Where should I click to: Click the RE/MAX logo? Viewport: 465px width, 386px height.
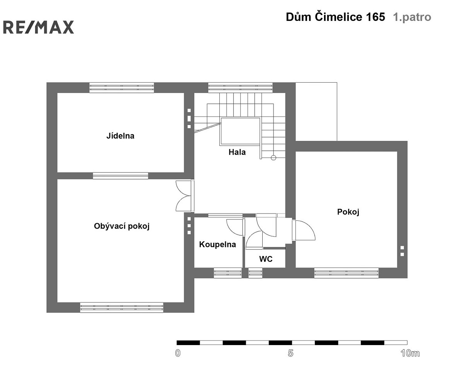click(x=38, y=27)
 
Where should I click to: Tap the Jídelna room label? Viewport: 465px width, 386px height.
click(x=120, y=136)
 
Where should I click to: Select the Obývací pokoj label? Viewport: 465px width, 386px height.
click(x=122, y=226)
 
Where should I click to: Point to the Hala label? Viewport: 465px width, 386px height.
click(x=237, y=152)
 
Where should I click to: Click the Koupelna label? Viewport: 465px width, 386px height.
click(x=217, y=244)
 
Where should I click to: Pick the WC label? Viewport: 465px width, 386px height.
click(x=266, y=259)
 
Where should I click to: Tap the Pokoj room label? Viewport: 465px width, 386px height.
click(x=348, y=212)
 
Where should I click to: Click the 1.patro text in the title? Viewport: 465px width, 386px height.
click(x=412, y=17)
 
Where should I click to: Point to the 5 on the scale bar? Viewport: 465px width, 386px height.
click(x=290, y=353)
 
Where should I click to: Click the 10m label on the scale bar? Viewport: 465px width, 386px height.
click(x=410, y=353)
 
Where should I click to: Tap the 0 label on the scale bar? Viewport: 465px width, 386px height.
click(x=178, y=353)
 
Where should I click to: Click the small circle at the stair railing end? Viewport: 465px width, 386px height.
click(x=273, y=158)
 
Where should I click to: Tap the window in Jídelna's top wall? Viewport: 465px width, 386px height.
click(x=122, y=88)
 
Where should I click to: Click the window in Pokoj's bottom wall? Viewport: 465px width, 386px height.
click(x=346, y=273)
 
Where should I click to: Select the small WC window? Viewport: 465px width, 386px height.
click(x=255, y=273)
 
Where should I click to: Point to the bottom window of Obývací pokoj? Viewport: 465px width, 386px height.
click(x=122, y=307)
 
